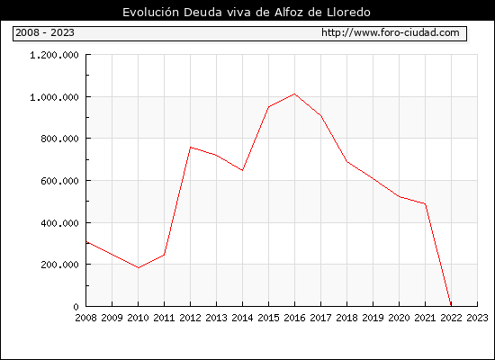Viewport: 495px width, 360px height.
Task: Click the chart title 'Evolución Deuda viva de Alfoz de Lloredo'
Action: (x=247, y=12)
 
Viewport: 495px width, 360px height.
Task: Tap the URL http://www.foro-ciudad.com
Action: (x=391, y=32)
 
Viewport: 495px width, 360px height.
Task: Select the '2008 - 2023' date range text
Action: (x=45, y=32)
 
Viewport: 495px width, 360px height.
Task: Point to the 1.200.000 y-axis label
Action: (x=54, y=55)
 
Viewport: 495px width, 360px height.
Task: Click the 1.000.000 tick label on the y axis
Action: (x=54, y=97)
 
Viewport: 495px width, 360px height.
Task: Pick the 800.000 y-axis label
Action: (x=59, y=139)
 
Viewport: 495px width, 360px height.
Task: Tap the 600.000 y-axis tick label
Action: (x=59, y=181)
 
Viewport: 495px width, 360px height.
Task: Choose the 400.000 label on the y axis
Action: (x=59, y=223)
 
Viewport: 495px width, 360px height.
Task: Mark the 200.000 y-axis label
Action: (x=59, y=265)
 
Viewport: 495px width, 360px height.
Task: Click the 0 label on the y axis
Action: (x=76, y=307)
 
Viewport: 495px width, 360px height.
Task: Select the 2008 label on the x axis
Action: (x=85, y=318)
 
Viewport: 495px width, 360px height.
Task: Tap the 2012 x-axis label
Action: (x=191, y=318)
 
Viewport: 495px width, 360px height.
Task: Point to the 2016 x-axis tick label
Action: (x=294, y=318)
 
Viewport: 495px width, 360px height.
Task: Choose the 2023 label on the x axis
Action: (x=477, y=318)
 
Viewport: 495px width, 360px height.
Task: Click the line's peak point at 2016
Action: (x=294, y=94)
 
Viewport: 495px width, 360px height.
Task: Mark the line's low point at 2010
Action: (x=139, y=268)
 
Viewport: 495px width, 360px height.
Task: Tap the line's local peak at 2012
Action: (x=191, y=148)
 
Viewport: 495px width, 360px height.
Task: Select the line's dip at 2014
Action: (x=242, y=170)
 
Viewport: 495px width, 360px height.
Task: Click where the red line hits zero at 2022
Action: (x=451, y=306)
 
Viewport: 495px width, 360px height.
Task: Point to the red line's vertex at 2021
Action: (x=425, y=203)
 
